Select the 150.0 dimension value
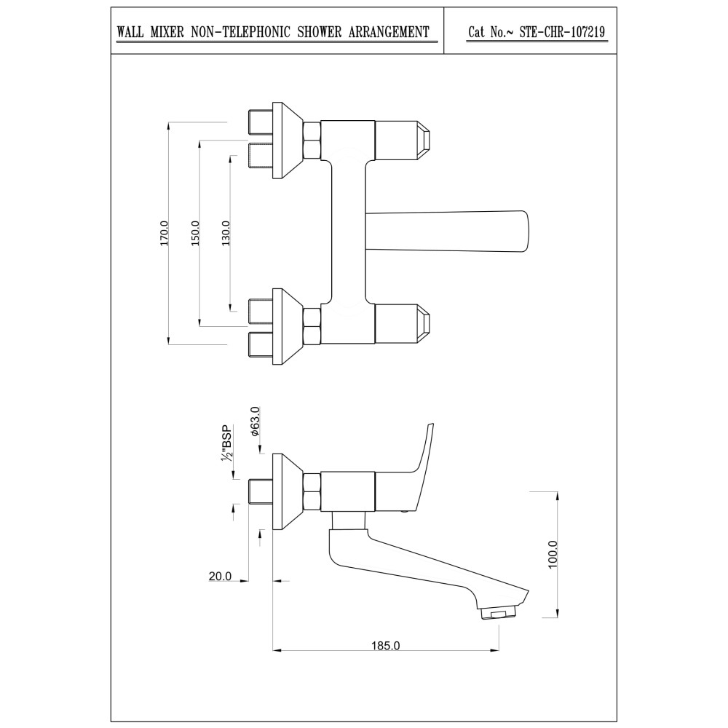[195, 234]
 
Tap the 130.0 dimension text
[226, 234]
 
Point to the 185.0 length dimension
[385, 645]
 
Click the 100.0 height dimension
[553, 554]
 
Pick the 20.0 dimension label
[220, 576]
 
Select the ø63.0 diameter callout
[255, 421]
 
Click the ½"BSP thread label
[226, 443]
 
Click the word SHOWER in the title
[320, 32]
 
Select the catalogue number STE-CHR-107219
[562, 32]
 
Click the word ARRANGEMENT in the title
[389, 32]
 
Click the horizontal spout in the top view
[447, 232]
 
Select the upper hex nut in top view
[312, 139]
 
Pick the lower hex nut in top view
[312, 327]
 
